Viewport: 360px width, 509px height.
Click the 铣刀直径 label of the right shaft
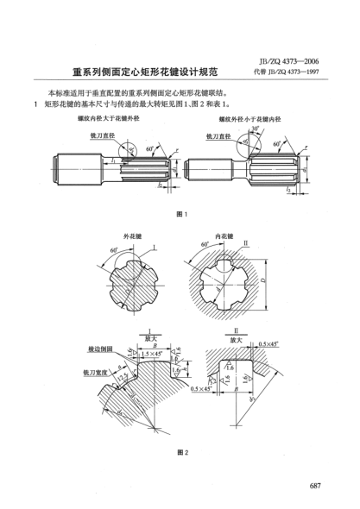(218, 135)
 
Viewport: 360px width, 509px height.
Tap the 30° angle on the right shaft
(256, 129)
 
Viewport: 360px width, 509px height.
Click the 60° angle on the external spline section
(112, 252)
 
